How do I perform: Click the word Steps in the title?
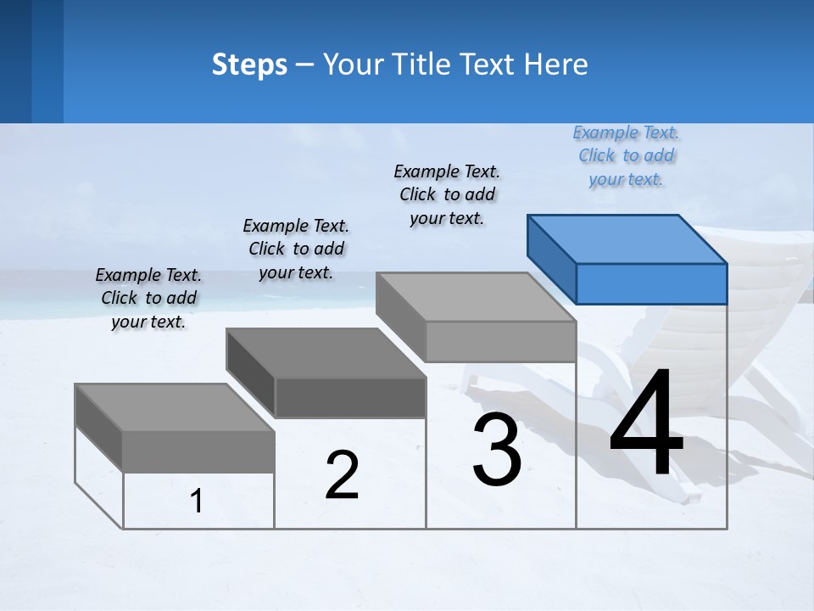click(x=249, y=64)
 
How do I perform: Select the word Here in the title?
click(x=557, y=64)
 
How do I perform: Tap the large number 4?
click(x=646, y=424)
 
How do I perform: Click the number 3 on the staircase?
click(x=497, y=450)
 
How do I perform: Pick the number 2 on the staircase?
click(x=342, y=475)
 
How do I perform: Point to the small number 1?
click(x=197, y=502)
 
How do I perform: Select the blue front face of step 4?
click(x=651, y=283)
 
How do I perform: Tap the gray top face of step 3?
click(x=476, y=297)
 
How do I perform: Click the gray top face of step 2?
click(x=326, y=352)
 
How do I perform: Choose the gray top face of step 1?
click(x=175, y=407)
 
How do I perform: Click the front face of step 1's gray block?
click(x=198, y=451)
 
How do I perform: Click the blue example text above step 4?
click(x=626, y=156)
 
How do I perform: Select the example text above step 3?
click(x=447, y=195)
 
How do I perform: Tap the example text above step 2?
click(x=296, y=249)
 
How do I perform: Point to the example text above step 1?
click(x=148, y=299)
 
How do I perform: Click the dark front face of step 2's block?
click(x=350, y=397)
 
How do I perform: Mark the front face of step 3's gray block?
click(x=500, y=341)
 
